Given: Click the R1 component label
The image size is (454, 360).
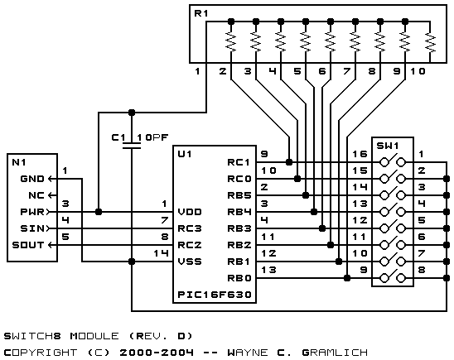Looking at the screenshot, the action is (x=200, y=13).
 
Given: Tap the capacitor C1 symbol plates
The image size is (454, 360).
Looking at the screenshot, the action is (x=132, y=146).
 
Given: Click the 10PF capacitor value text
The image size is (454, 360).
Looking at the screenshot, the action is (x=152, y=137).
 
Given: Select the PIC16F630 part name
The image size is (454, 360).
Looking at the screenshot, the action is (x=215, y=295).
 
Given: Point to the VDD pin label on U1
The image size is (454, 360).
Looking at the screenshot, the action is (x=190, y=212).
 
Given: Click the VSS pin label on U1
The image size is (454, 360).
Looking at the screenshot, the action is (x=190, y=262).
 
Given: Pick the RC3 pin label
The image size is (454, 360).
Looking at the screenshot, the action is (x=190, y=228).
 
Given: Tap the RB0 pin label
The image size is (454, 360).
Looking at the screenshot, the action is (x=239, y=278).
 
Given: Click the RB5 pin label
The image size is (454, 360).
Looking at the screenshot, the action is (x=239, y=195).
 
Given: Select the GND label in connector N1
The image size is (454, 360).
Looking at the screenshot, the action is (x=32, y=179).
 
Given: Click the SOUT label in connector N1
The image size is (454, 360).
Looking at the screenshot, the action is (x=28, y=245).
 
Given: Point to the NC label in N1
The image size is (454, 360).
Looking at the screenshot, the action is (x=36, y=195).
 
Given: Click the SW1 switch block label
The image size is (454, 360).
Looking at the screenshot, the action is (x=388, y=146).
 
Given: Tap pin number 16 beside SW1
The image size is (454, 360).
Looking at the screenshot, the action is (x=360, y=154).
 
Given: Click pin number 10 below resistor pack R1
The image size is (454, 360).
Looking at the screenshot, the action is (x=418, y=71).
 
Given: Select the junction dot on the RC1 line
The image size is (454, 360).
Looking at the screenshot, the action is (x=288, y=162).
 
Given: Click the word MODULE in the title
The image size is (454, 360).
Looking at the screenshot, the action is (x=94, y=336).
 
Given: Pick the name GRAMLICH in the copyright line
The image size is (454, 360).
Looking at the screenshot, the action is (x=335, y=353).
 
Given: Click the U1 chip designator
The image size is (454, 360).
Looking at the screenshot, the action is (x=185, y=154).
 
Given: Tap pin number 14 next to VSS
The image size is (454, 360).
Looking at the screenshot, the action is (x=161, y=253).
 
